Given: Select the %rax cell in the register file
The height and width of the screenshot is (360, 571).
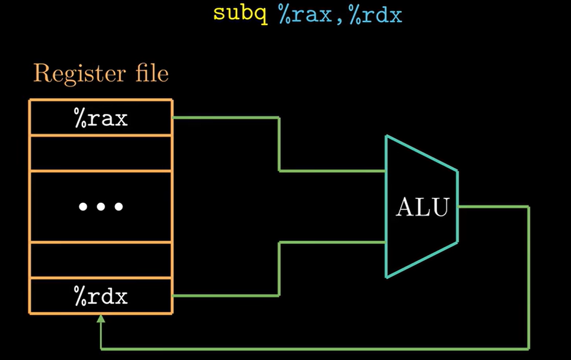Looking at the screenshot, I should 100,118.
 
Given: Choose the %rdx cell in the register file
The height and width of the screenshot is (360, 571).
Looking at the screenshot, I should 100,297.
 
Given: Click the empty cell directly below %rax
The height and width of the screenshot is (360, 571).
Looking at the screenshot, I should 100,153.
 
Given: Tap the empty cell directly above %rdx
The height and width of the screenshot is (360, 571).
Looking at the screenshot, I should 100,260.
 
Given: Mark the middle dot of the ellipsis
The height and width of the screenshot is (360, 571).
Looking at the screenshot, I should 100,207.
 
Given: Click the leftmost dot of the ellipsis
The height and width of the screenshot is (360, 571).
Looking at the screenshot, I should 82,207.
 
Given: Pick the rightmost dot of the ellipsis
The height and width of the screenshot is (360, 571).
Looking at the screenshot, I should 119,207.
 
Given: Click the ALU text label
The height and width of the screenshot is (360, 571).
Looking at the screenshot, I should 422,207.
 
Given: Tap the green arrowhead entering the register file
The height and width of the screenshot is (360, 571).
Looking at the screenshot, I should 101,318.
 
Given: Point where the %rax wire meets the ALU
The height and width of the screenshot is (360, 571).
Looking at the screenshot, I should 386,171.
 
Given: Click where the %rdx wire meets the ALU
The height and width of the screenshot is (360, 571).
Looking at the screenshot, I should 386,242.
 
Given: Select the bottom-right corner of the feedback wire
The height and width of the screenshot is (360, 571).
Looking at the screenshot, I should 528,349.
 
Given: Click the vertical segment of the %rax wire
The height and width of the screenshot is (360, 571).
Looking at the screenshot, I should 279,144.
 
